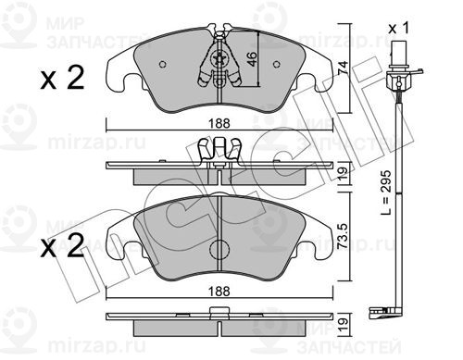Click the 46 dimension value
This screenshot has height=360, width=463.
(252, 59)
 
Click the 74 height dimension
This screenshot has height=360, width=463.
(343, 68)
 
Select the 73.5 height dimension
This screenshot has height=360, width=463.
(344, 236)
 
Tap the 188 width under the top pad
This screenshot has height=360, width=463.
(219, 123)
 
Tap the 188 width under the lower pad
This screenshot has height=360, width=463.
(219, 291)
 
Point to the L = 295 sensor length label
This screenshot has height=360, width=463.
(386, 192)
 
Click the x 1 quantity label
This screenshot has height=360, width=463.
(398, 29)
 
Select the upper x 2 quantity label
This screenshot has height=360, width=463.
(62, 79)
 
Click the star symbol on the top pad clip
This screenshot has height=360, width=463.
(219, 59)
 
